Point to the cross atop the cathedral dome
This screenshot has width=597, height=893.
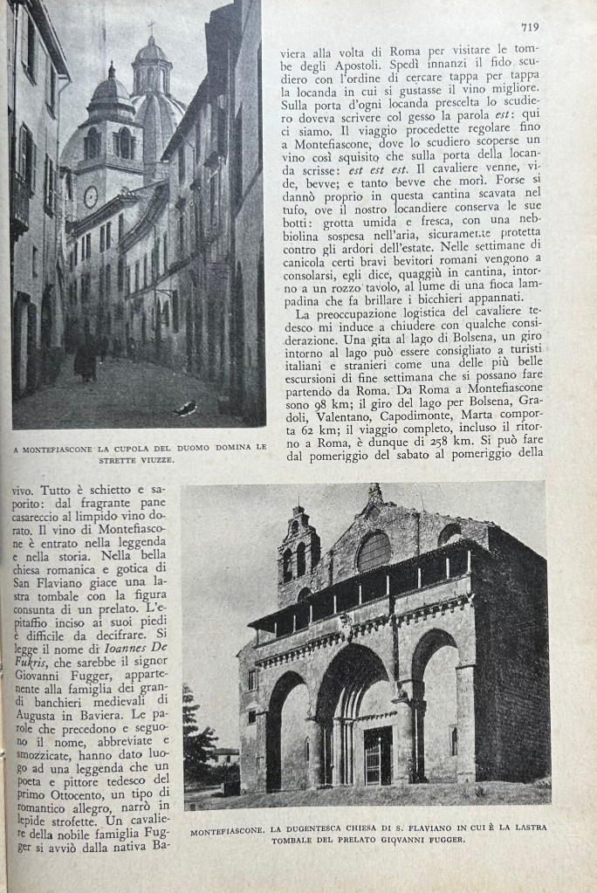150,28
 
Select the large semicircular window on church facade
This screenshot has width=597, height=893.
374,553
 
